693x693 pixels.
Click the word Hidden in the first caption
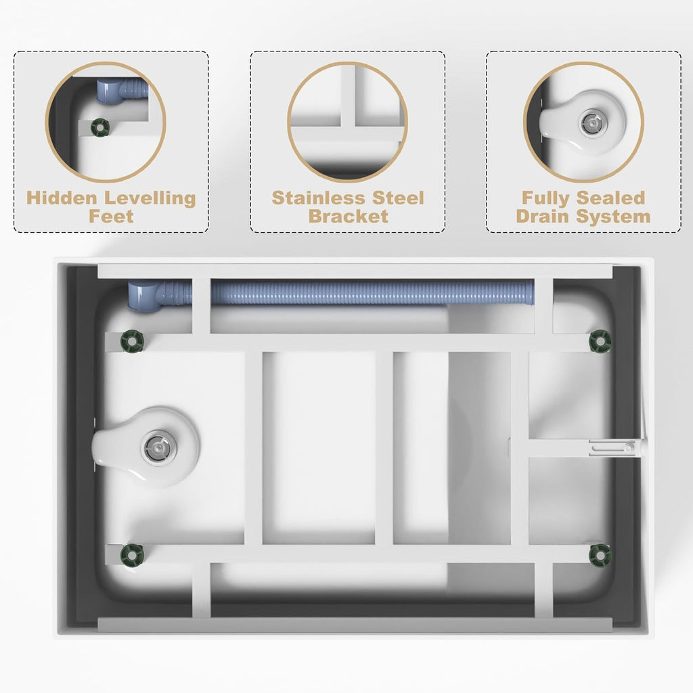coord(62,198)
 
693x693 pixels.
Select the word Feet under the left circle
coord(111,217)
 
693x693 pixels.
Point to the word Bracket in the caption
coord(349,217)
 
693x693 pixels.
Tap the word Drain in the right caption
coord(543,217)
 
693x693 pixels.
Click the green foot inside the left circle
coord(100,127)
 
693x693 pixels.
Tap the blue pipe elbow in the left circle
coord(108,91)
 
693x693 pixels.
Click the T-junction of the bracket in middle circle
coord(347,128)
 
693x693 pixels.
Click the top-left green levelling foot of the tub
coord(133,341)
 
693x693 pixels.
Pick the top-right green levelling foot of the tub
coord(600,341)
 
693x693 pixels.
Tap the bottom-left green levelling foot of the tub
coord(133,555)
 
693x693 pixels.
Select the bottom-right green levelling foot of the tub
coord(600,555)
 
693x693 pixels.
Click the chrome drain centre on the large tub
coord(157,448)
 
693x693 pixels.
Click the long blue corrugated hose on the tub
coord(372,292)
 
